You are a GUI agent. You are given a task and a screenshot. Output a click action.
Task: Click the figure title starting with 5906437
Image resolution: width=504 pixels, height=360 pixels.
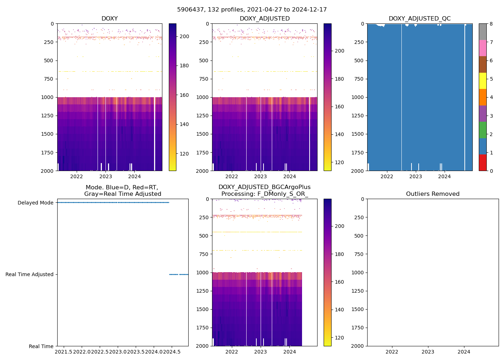tap(252, 10)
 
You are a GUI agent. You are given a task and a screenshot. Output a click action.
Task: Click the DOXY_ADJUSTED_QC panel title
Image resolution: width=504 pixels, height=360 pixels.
tap(419, 19)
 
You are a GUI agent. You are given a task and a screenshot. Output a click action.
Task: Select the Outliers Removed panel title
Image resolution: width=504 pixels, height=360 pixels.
tap(432, 194)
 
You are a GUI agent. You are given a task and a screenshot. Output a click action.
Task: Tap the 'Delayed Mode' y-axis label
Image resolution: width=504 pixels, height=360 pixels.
tap(35, 203)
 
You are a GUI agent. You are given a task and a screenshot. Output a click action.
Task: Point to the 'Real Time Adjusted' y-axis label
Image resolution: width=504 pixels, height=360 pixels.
tap(29, 274)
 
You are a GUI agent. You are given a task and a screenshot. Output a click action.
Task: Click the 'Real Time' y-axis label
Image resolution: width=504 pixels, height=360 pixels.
tap(41, 346)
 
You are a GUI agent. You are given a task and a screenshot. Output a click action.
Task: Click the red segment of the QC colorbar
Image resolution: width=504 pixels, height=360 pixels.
tap(483, 162)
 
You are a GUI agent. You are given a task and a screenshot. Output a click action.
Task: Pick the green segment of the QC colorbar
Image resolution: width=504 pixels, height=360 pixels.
tap(483, 130)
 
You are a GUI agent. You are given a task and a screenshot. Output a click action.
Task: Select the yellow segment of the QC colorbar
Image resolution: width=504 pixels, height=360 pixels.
tap(483, 81)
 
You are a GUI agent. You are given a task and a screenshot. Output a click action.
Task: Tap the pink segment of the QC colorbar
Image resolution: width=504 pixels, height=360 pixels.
tap(483, 48)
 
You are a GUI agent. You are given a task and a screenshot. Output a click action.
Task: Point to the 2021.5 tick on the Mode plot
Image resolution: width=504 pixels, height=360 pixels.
tap(64, 351)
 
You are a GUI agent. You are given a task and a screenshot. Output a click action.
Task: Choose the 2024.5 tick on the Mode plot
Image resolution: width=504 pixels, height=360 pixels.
tap(172, 351)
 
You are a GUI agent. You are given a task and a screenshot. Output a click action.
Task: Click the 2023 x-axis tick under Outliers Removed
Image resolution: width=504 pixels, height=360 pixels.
tap(428, 351)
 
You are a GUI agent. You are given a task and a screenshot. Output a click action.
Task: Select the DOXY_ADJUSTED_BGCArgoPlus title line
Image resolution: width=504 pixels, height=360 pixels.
tap(264, 187)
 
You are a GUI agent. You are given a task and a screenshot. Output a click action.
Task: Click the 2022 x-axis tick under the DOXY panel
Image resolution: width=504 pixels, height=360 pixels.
tap(76, 176)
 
